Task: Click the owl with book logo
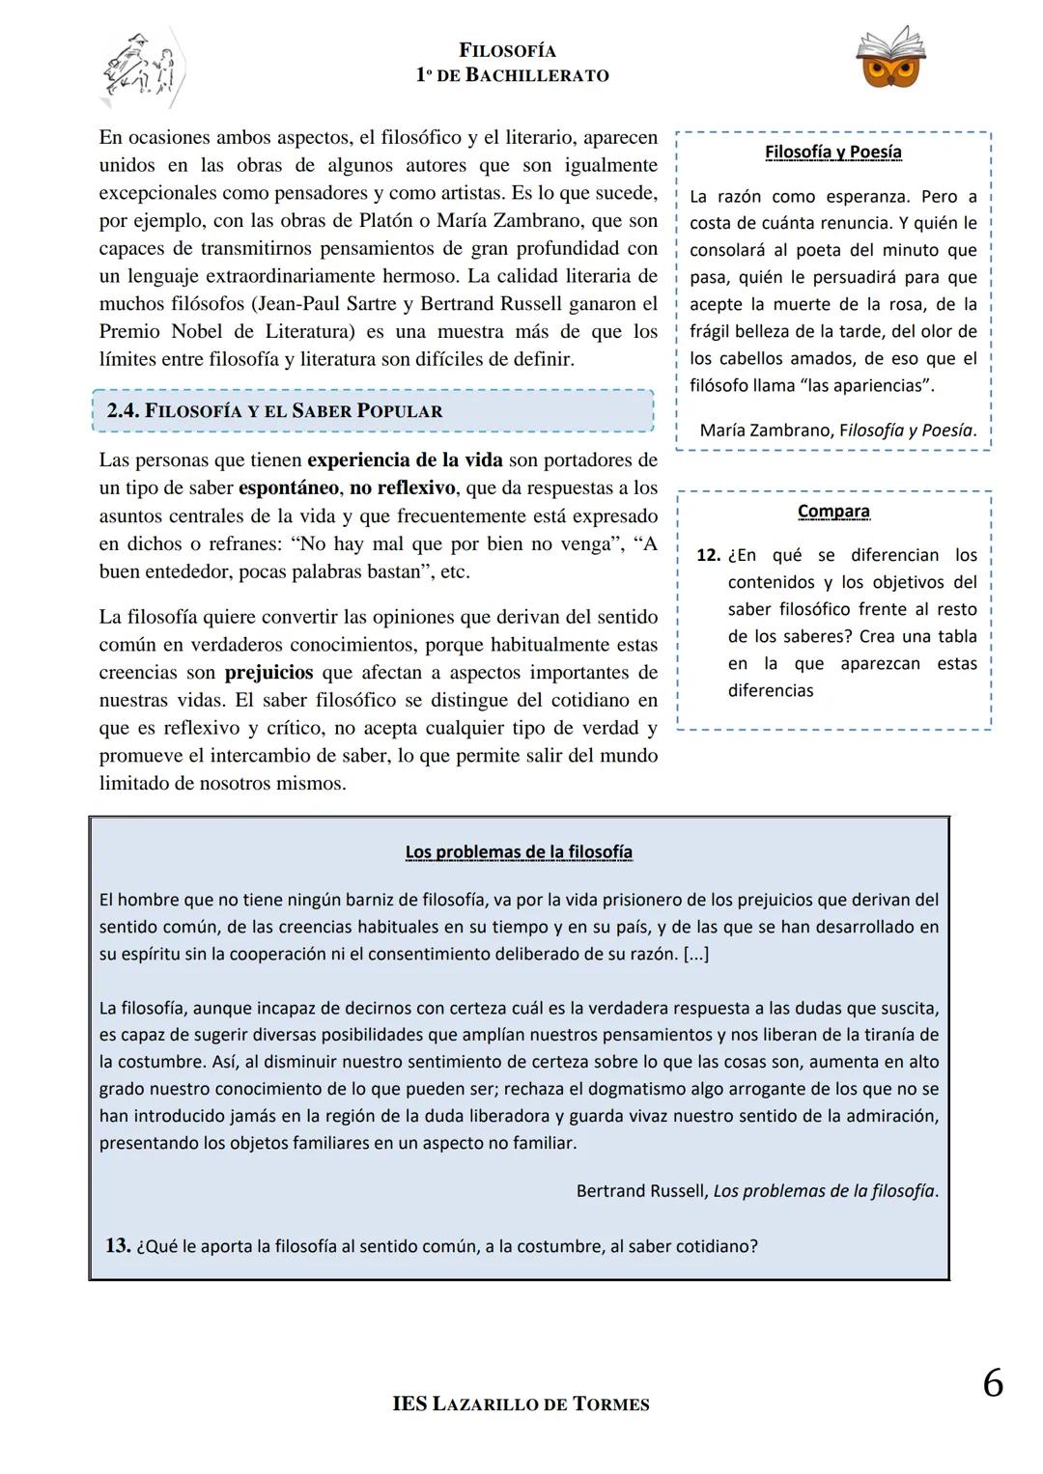tap(889, 58)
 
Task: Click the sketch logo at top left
tap(143, 66)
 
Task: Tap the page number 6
tap(992, 1384)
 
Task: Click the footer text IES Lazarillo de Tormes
tap(521, 1404)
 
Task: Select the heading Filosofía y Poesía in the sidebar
tap(832, 153)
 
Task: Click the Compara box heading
tap(832, 512)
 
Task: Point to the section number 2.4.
tap(123, 410)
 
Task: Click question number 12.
tap(708, 556)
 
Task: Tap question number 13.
tap(117, 1245)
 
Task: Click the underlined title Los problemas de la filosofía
tap(519, 851)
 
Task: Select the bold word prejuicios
tap(268, 672)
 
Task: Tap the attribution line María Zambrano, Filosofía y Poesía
tap(837, 431)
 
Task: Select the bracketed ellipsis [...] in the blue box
tap(695, 954)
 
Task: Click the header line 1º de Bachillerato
tap(512, 75)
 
